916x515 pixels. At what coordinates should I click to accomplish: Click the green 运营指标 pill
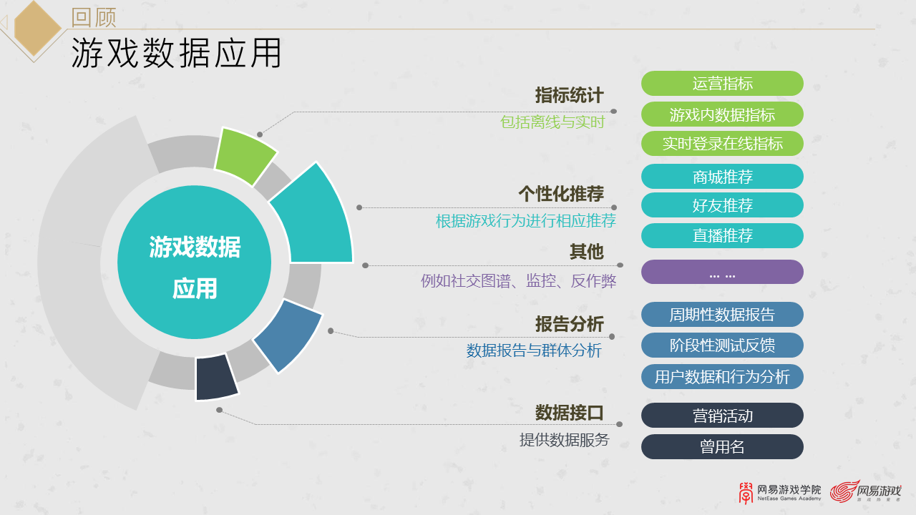722,83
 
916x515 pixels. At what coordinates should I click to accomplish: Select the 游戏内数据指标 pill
722,114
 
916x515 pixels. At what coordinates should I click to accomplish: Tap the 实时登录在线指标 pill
722,143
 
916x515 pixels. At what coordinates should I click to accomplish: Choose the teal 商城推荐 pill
722,177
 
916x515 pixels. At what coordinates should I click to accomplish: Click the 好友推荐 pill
722,205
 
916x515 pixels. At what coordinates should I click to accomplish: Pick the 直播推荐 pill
722,235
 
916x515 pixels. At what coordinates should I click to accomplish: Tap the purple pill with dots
722,272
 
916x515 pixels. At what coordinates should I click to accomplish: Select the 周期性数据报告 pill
722,314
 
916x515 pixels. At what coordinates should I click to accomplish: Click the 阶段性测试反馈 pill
722,345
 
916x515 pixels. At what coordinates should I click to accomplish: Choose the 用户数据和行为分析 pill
722,376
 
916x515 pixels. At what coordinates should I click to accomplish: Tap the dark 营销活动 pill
722,416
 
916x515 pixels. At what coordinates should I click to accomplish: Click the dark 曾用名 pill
722,447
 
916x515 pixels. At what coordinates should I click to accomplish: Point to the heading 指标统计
569,95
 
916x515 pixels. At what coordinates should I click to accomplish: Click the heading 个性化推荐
561,193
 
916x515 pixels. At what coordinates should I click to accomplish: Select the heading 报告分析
569,323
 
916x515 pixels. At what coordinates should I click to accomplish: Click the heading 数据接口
569,413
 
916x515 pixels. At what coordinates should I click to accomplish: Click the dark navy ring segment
216,377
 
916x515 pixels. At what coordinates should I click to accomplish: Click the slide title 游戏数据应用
176,54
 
